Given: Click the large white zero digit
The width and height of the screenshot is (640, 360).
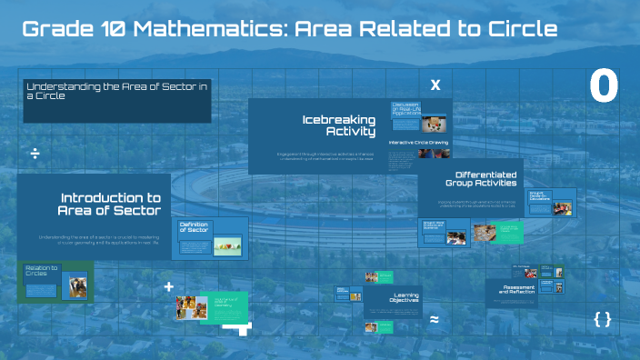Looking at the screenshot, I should (x=604, y=86).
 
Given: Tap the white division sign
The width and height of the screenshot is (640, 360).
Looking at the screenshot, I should (x=35, y=154).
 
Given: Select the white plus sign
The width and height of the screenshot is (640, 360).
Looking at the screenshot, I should (x=168, y=286).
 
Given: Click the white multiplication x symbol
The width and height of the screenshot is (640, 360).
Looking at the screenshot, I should (x=435, y=85).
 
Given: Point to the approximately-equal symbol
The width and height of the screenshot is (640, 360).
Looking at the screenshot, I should (x=435, y=320).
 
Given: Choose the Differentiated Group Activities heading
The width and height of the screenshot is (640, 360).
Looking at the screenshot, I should (x=485, y=179).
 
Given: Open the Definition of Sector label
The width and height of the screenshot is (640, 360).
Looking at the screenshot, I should (x=195, y=226).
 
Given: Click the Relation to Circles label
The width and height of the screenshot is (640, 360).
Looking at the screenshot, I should (x=42, y=270).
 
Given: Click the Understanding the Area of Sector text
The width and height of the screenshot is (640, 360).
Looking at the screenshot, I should (x=116, y=89).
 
